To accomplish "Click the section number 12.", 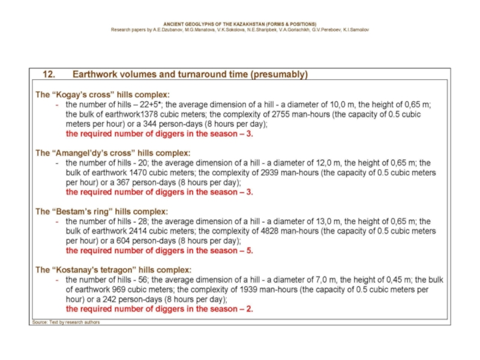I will pos(49,74).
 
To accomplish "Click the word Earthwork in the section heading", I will pos(94,74).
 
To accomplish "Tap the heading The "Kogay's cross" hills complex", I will pos(102,95).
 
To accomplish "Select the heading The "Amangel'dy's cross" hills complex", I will pos(113,153).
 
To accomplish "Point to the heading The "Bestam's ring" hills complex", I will pos(101,211).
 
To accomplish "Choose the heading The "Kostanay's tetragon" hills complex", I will pos(113,269).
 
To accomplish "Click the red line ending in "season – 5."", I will pos(159,251).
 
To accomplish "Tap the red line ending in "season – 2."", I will pos(159,309).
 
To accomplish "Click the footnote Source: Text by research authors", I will pos(65,322).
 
